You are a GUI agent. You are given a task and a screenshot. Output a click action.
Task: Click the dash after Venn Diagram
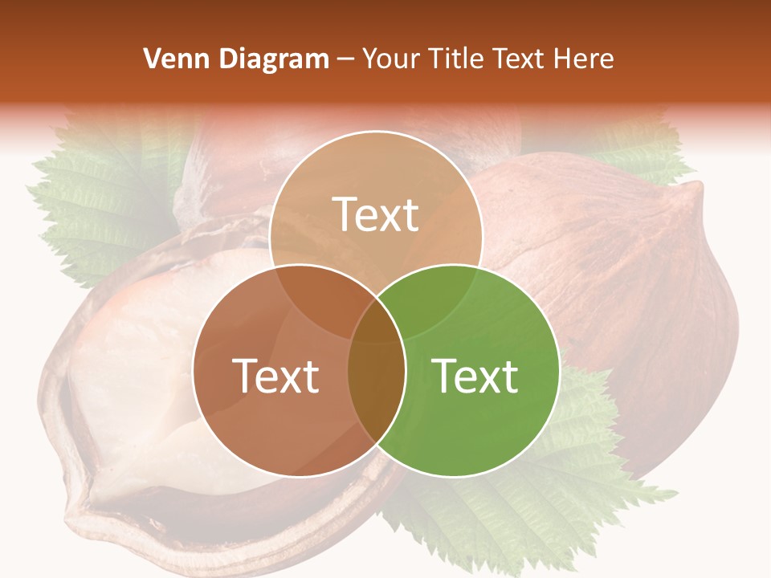point(345,59)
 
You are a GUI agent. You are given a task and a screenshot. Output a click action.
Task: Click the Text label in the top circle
point(376,214)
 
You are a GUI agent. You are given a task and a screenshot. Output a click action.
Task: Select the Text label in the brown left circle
point(275,376)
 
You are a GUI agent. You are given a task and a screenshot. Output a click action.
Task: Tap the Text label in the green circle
point(475,376)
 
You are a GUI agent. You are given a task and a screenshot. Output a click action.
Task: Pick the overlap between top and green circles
point(434,301)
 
